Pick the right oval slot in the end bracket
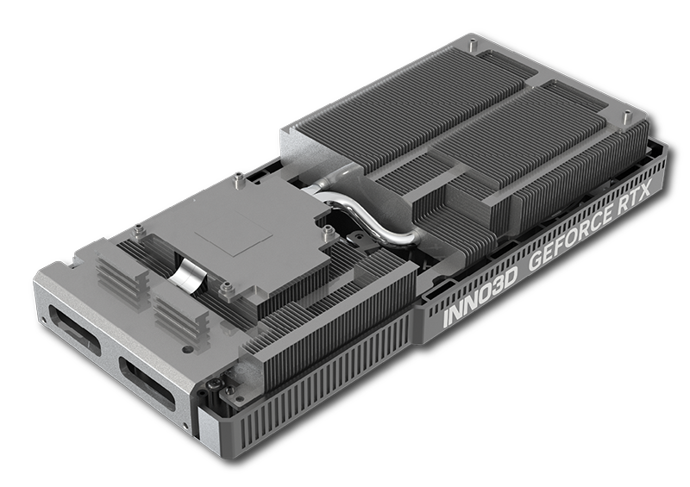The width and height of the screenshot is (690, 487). point(147,379)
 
